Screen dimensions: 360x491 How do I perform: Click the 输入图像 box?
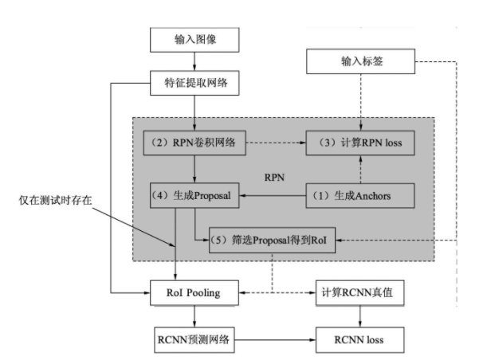[195, 40]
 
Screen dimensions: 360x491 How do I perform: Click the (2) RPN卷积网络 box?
[195, 146]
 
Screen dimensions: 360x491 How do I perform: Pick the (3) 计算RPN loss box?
[361, 146]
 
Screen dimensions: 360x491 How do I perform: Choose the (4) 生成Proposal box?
[195, 194]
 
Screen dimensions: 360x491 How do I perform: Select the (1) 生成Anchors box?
[361, 194]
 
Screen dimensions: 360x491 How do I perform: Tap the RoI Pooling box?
[195, 292]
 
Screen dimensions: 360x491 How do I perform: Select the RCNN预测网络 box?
[195, 339]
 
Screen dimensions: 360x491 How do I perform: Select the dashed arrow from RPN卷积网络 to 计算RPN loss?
[275, 146]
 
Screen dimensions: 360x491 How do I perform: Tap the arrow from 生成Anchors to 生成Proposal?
[275, 194]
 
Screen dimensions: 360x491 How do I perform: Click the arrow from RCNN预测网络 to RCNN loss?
[275, 339]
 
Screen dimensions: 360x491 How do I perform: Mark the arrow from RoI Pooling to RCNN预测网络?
[195, 315]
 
